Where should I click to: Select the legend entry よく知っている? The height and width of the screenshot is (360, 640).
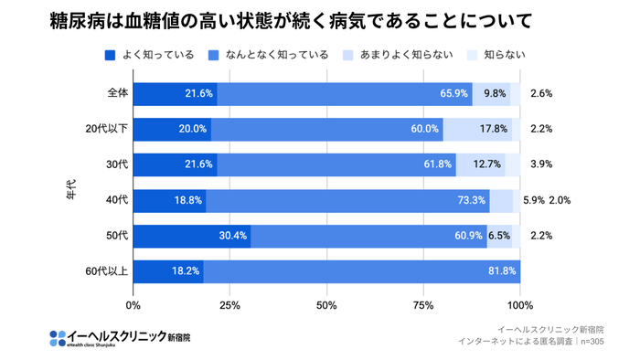151,55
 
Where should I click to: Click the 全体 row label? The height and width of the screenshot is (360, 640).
117,93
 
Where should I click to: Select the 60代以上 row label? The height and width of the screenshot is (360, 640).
108,271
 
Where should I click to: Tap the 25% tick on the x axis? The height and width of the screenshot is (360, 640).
230,304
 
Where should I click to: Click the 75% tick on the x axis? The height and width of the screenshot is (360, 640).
423,304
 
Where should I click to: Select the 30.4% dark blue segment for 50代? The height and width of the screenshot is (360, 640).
192,236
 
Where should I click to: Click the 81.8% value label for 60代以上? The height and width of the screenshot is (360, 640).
502,271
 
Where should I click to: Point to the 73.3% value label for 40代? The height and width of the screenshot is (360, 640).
472,200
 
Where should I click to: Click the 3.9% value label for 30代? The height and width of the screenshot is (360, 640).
540,164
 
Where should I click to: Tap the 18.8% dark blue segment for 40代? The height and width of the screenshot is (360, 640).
170,200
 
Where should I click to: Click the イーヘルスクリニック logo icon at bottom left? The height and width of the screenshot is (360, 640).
57,337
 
